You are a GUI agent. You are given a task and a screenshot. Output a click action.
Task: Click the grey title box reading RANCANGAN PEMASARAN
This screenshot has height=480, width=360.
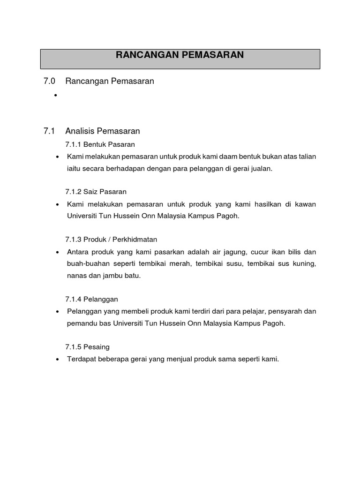180,59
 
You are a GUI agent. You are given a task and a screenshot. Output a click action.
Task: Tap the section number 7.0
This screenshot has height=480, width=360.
49,81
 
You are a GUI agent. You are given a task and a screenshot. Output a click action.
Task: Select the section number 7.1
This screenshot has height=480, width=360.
49,131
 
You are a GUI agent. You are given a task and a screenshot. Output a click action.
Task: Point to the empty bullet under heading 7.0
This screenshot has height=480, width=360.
55,95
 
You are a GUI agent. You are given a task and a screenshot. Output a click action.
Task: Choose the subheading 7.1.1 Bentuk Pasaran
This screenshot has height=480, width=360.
100,144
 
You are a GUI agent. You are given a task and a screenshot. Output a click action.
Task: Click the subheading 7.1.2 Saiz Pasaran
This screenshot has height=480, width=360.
96,192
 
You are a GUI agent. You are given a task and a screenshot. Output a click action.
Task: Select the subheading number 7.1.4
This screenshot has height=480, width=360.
74,299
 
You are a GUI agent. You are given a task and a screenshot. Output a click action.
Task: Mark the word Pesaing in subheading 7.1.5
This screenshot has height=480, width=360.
97,347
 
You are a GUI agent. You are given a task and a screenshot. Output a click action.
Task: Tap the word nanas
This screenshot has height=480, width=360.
76,276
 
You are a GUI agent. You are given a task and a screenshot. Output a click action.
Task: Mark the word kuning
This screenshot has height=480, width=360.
305,264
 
